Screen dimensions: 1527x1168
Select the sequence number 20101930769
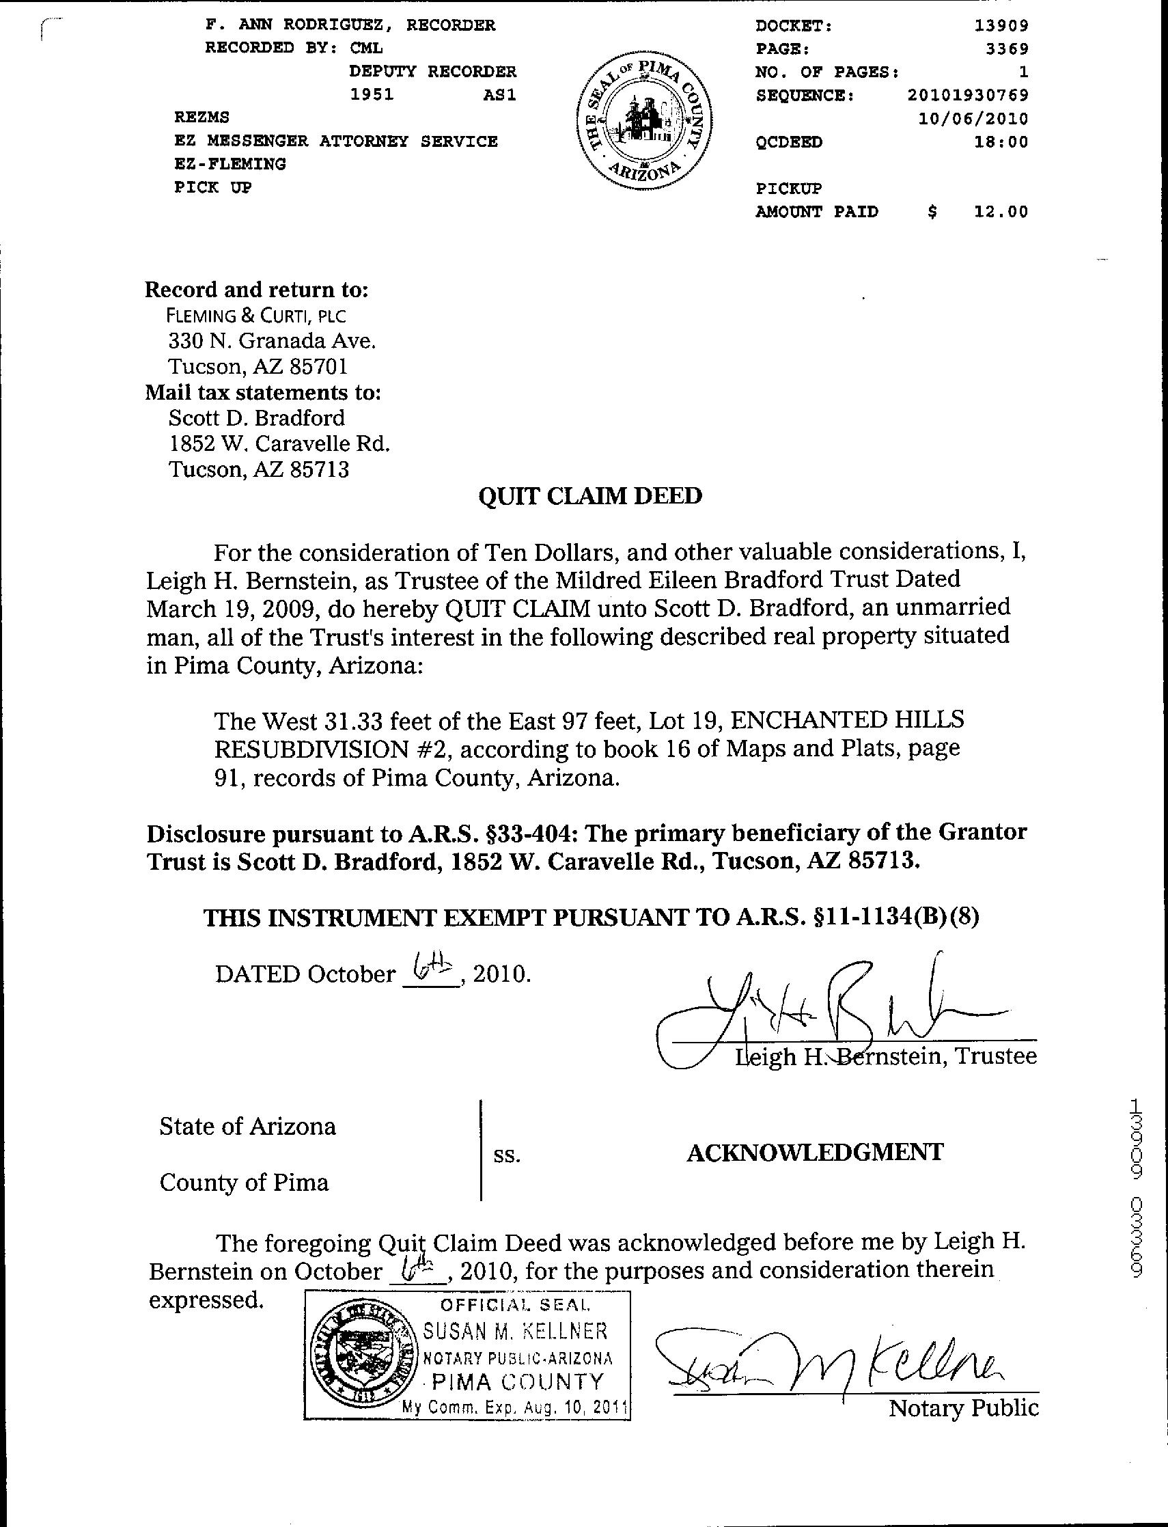point(968,95)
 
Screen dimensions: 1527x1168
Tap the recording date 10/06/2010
point(973,119)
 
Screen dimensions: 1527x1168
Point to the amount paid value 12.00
point(1001,211)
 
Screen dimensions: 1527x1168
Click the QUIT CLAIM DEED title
point(590,496)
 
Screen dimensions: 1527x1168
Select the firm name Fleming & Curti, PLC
point(256,316)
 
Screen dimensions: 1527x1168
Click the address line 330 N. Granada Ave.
point(272,341)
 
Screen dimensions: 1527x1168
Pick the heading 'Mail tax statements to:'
point(263,392)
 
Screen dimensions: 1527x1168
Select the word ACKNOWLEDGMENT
point(815,1153)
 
